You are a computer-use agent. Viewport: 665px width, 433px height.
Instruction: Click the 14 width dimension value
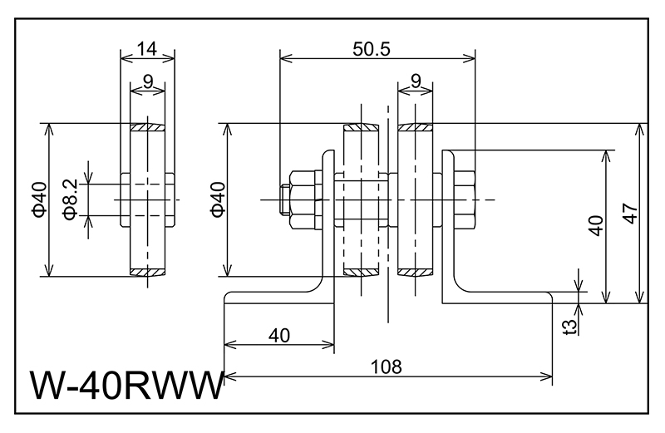(x=147, y=49)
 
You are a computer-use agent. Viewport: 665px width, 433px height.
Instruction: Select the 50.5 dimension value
(x=371, y=49)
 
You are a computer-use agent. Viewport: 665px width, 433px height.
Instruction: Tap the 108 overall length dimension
(x=387, y=366)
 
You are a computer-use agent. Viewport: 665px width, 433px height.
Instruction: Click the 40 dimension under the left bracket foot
(x=279, y=335)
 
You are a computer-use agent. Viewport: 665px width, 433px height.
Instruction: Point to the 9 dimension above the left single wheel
(x=147, y=81)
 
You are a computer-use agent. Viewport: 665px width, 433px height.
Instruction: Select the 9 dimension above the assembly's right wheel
(x=415, y=81)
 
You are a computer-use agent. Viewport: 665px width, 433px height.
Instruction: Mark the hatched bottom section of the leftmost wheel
(x=148, y=272)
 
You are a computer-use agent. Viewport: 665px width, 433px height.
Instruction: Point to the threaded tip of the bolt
(x=283, y=199)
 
